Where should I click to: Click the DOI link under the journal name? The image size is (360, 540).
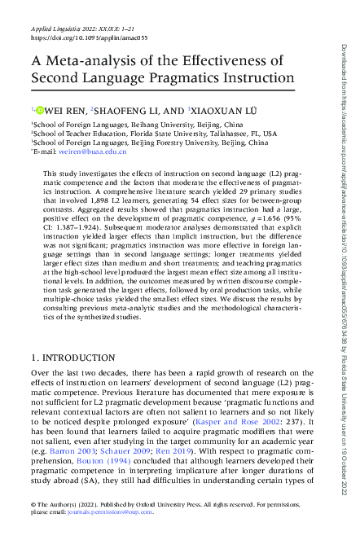(67, 38)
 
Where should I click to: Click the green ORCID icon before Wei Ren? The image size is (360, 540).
(37, 109)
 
